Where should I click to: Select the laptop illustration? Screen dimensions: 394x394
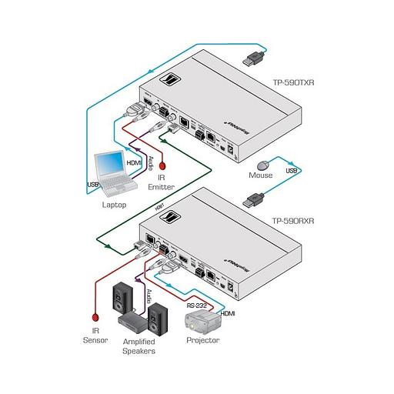pos(111,175)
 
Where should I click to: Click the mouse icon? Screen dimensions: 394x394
pos(265,163)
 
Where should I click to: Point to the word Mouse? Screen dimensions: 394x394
pos(261,176)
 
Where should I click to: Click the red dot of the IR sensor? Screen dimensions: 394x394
pos(93,316)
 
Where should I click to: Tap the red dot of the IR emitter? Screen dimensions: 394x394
pos(162,164)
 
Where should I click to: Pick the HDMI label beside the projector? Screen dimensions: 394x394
pos(229,312)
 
